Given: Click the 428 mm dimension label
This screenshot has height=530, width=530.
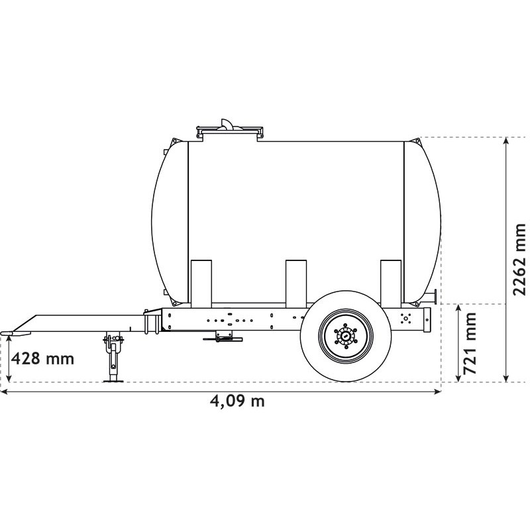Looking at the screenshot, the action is click(x=42, y=358).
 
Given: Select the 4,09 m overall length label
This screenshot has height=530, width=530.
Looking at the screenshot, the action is click(x=237, y=401).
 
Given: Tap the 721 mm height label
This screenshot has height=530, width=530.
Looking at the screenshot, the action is click(x=470, y=343).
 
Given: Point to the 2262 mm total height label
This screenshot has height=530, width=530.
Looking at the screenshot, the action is click(x=519, y=260).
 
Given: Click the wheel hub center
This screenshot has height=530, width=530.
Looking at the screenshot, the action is click(x=346, y=336).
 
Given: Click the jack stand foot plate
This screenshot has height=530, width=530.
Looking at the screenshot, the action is click(x=113, y=381).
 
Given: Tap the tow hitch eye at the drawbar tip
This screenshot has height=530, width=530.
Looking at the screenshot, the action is click(x=7, y=333).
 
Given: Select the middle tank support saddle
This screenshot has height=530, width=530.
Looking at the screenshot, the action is click(x=295, y=284).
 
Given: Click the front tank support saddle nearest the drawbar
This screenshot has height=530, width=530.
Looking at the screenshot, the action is click(x=201, y=284).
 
